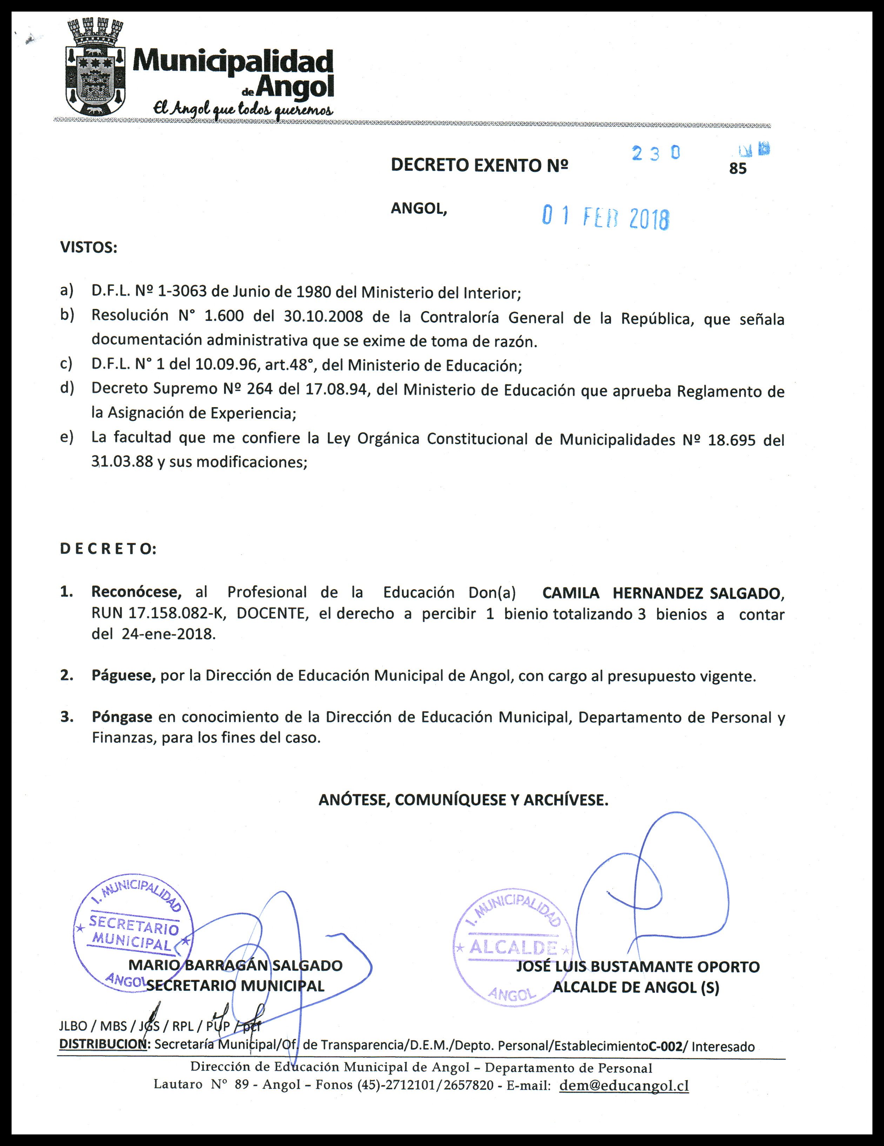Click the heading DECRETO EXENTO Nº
pos(479,165)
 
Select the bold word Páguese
pos(123,676)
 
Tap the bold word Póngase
pos(122,717)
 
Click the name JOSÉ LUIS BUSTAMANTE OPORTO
pos(637,966)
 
